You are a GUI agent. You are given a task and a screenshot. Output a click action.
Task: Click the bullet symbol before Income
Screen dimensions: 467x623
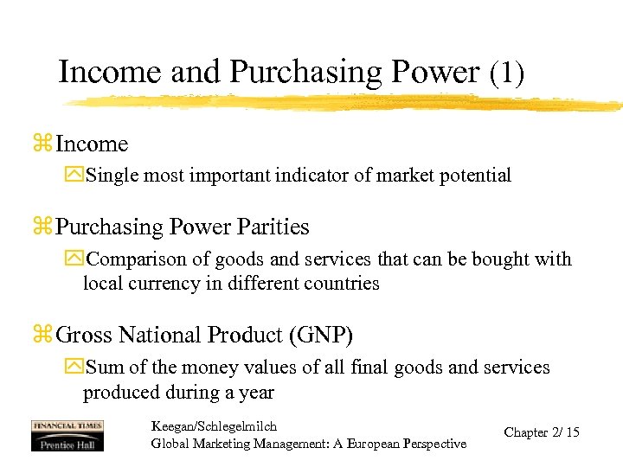[x=42, y=144]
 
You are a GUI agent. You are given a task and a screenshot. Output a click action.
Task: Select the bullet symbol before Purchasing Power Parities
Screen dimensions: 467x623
[x=42, y=227]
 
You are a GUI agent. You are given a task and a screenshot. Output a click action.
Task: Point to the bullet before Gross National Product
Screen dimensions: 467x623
[x=42, y=336]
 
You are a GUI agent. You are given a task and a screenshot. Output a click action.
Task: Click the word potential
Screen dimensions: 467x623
[x=473, y=176]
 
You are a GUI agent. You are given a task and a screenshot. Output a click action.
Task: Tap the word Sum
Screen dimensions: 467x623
[x=105, y=368]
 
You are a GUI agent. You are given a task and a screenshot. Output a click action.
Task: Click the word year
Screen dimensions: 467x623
[x=256, y=393]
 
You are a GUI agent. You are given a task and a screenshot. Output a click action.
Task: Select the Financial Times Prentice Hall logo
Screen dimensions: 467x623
[x=67, y=435]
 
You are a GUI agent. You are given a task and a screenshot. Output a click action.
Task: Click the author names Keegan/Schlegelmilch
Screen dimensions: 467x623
[x=214, y=426]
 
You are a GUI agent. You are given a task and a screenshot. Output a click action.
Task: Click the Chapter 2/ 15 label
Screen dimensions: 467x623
[x=542, y=432]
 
